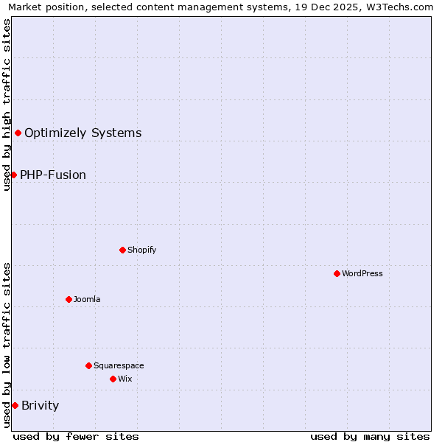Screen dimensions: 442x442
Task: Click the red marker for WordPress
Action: (x=337, y=273)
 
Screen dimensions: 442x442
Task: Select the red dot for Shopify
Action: (x=122, y=250)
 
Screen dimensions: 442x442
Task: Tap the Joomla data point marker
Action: (x=69, y=299)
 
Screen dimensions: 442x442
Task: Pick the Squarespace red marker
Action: (x=88, y=365)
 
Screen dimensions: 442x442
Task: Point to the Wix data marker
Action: (x=113, y=379)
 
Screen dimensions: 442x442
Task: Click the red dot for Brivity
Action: (x=15, y=405)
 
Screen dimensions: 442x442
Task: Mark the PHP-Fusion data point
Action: (x=13, y=175)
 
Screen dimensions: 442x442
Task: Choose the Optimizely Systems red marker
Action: (x=18, y=133)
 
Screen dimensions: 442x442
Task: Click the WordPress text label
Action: (x=362, y=273)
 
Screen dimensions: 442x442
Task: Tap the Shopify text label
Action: (x=142, y=250)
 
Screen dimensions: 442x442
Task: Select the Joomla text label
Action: (x=87, y=299)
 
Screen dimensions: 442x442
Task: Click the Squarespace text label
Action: (x=119, y=365)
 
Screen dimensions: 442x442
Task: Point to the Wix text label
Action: (x=125, y=379)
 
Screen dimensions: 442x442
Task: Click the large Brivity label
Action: (x=41, y=405)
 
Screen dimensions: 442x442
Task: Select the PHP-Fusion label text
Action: (x=53, y=175)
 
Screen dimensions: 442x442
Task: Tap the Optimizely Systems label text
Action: (x=83, y=133)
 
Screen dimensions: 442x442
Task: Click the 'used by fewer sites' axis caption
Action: (x=76, y=436)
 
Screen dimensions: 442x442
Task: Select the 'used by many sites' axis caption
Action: (x=370, y=436)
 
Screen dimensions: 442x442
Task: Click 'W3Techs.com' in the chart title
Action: (x=402, y=7)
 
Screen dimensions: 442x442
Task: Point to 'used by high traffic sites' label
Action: (x=7, y=105)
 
